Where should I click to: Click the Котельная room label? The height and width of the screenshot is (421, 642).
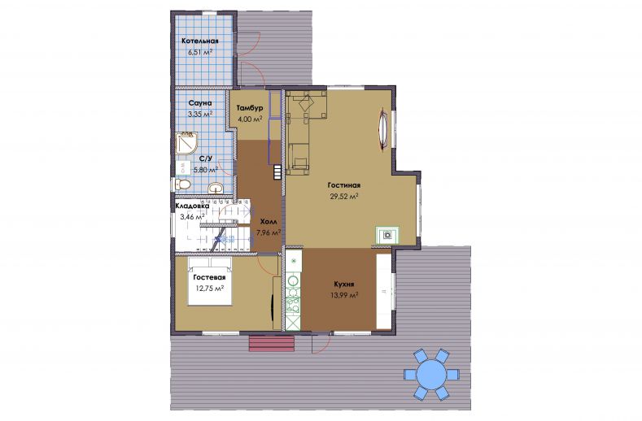click(200, 41)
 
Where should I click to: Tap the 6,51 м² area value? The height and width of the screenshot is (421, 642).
click(200, 52)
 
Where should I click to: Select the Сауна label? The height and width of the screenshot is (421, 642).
click(200, 103)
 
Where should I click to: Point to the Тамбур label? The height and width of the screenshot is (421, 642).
click(250, 108)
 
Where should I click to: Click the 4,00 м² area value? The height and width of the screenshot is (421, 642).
click(250, 119)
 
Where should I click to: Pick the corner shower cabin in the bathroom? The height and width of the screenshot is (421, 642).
click(186, 143)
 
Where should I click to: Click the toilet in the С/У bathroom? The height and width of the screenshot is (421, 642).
click(182, 184)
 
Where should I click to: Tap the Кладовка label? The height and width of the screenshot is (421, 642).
click(192, 206)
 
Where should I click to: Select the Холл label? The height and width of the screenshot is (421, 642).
click(269, 221)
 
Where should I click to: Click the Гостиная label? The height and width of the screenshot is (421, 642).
click(344, 185)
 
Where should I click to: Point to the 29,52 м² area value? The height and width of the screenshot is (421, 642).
click(344, 197)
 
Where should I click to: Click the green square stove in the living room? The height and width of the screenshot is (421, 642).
click(387, 235)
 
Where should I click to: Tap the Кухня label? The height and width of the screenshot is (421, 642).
click(344, 284)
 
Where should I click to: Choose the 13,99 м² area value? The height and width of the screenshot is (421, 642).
click(344, 294)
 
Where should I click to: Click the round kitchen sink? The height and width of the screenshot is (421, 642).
click(293, 281)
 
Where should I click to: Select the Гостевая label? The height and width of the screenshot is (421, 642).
click(210, 277)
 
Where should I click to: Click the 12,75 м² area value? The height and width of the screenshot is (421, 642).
click(210, 288)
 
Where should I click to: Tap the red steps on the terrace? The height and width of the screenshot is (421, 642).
click(272, 344)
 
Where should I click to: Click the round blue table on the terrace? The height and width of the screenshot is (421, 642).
click(431, 375)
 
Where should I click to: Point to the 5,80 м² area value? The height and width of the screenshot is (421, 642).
click(206, 169)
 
